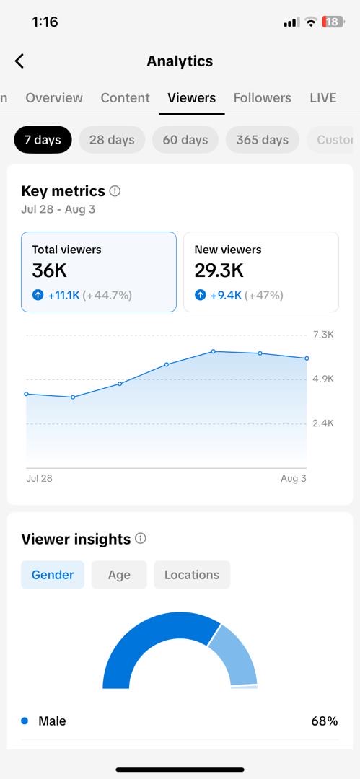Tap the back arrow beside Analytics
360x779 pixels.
tap(19, 61)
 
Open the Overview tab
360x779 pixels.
tap(54, 98)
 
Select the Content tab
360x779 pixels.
tap(125, 98)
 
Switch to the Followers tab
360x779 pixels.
tap(262, 98)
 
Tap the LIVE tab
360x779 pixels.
tap(323, 98)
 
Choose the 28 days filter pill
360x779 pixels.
tap(112, 140)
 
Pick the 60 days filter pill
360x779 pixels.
tap(185, 140)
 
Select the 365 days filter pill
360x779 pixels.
tap(262, 140)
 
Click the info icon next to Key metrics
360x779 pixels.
tap(115, 191)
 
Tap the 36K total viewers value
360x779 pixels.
tap(49, 270)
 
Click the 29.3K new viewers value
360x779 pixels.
tap(219, 270)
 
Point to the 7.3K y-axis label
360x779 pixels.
tap(323, 335)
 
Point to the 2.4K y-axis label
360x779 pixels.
tap(323, 423)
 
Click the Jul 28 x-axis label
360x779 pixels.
tap(39, 479)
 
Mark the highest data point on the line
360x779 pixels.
tap(214, 351)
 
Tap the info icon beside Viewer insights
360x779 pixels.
tap(141, 539)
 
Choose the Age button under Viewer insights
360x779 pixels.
tap(119, 575)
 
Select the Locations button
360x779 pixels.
tap(192, 575)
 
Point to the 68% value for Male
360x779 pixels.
tap(325, 721)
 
